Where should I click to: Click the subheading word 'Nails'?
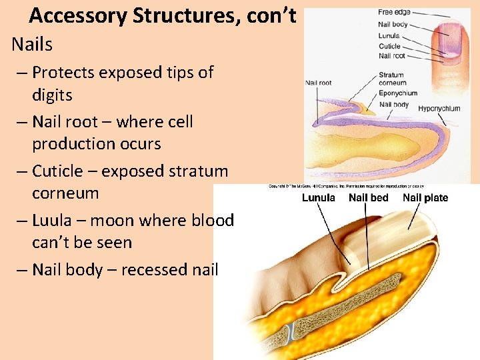32,45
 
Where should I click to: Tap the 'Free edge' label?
394,12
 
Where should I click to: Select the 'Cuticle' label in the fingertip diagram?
389,46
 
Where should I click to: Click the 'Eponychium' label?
397,93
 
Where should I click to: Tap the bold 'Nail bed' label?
368,197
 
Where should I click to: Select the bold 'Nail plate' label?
425,197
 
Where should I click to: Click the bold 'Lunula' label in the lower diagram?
319,197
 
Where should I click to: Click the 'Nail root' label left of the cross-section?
319,83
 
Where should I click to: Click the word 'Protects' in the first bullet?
63,72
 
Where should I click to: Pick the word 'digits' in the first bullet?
52,95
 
